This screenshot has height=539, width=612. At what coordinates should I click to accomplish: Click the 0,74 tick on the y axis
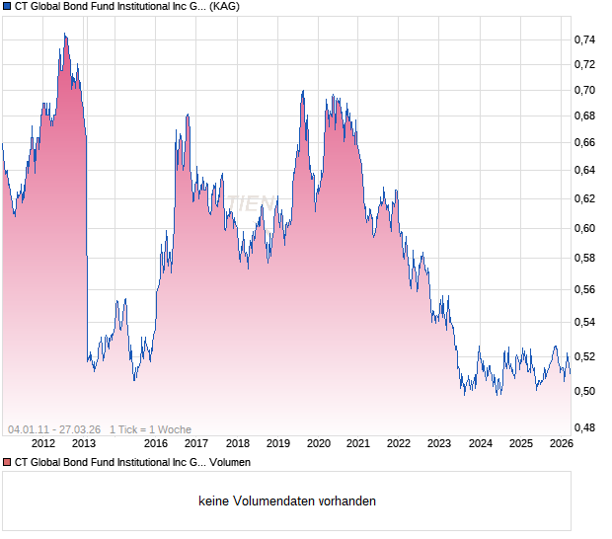point(584,39)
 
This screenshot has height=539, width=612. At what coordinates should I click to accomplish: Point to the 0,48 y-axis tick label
point(584,426)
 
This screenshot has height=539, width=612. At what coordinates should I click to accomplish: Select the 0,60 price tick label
point(584,228)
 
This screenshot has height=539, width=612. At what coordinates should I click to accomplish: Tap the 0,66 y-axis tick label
point(584,142)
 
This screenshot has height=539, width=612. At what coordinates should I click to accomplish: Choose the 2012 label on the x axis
point(43,443)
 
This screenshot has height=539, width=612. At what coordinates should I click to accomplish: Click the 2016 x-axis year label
point(155,443)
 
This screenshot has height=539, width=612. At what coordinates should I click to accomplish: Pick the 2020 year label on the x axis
point(318,443)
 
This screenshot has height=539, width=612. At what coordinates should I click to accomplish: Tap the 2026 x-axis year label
point(561,443)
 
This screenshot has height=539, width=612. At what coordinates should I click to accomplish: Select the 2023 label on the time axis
point(439,443)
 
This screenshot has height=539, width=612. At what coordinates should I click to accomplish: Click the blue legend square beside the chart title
point(7,6)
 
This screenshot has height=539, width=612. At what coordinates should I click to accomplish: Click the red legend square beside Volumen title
point(7,462)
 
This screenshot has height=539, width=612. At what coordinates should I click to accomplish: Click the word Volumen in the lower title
point(229,462)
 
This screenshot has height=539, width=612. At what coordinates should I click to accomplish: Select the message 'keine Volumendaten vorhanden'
point(287,501)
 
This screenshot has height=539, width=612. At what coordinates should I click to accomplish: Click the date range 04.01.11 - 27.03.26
point(54,429)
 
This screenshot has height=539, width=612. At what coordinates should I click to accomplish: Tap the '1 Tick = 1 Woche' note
point(150,429)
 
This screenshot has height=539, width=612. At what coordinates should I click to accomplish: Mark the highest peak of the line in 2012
point(65,35)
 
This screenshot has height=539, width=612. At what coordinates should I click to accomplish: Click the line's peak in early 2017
point(188,115)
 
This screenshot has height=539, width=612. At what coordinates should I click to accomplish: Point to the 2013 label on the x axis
point(84,443)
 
